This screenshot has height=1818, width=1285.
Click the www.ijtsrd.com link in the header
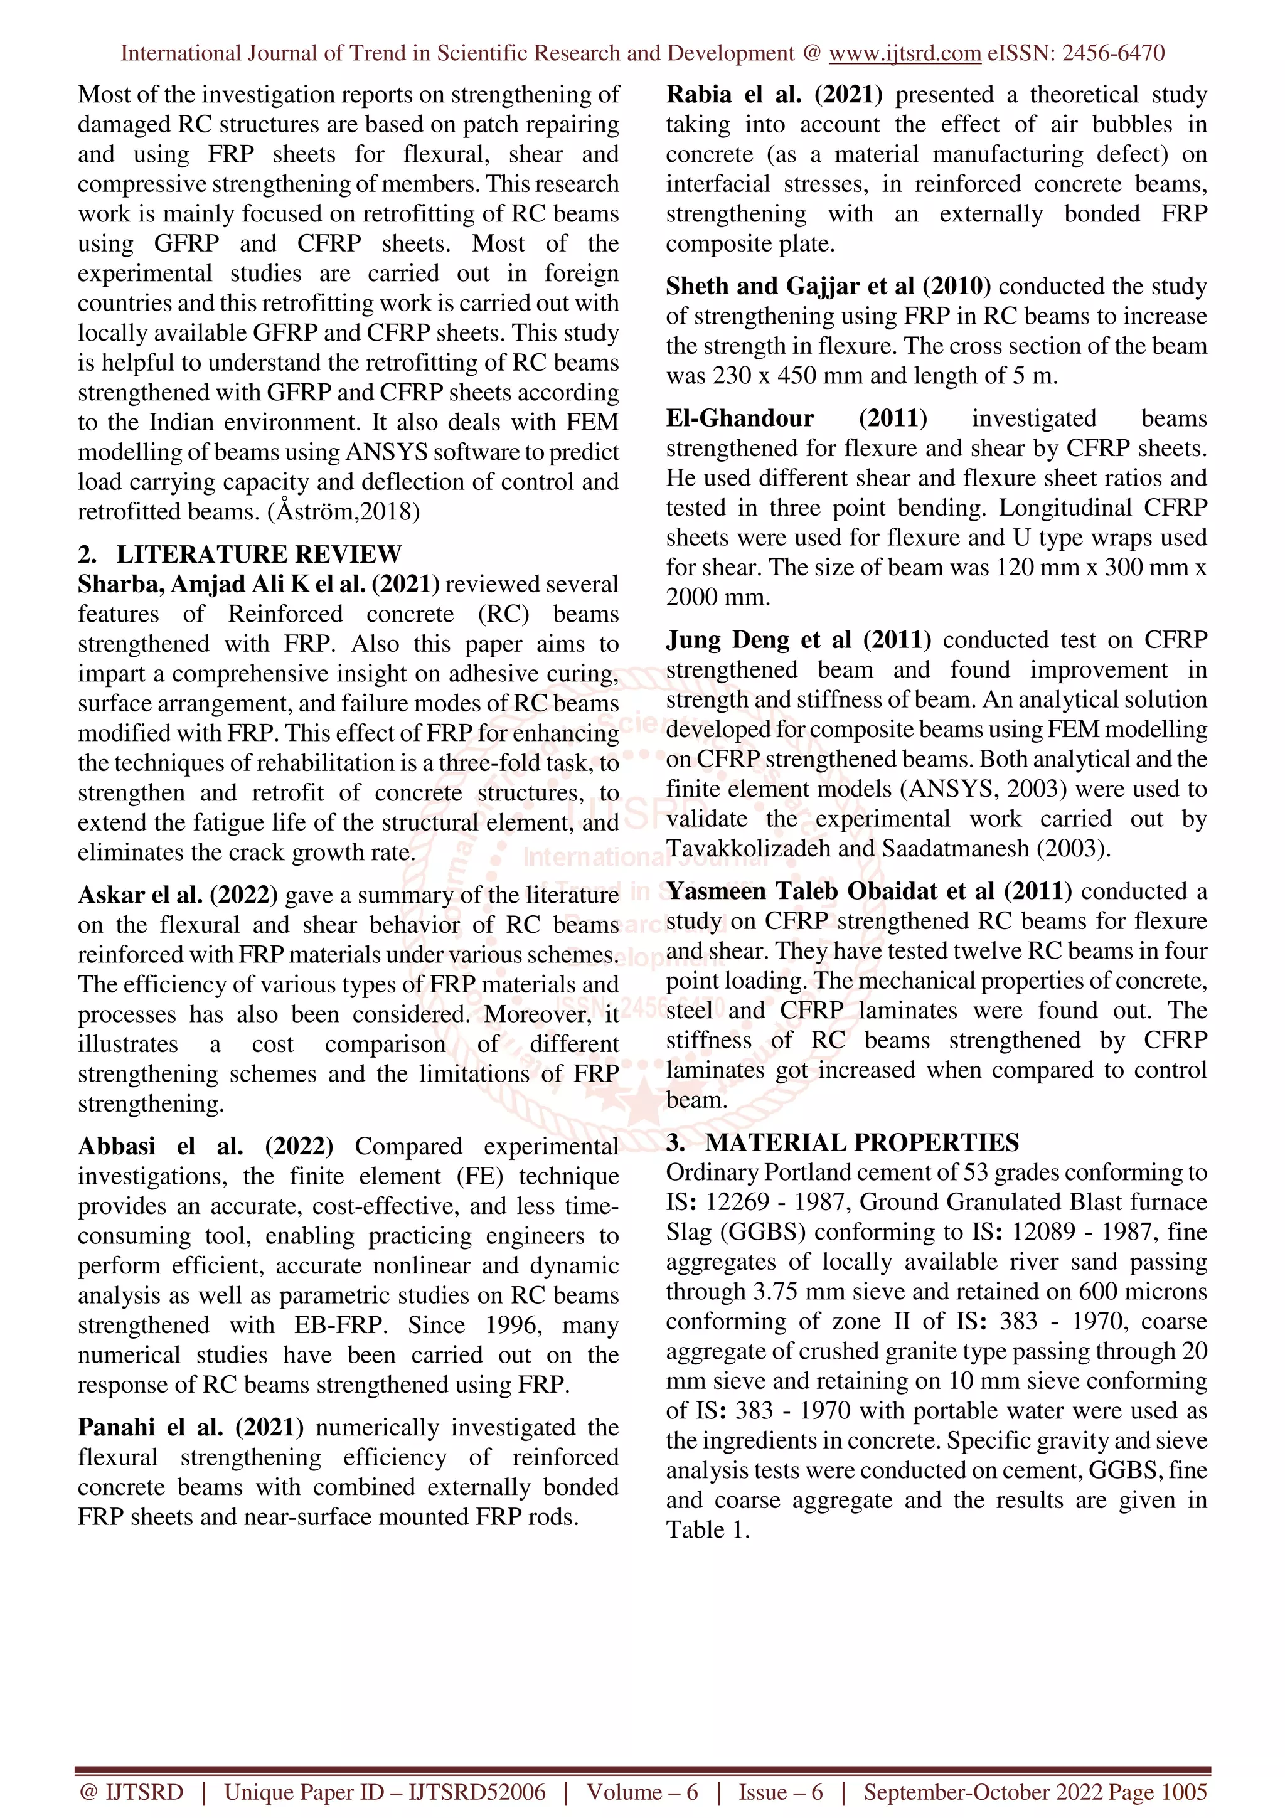click(x=904, y=53)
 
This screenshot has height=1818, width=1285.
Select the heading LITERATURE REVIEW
click(x=259, y=553)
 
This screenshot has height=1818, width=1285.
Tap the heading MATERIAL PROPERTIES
click(x=861, y=1142)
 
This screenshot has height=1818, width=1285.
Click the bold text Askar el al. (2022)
click(x=178, y=895)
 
